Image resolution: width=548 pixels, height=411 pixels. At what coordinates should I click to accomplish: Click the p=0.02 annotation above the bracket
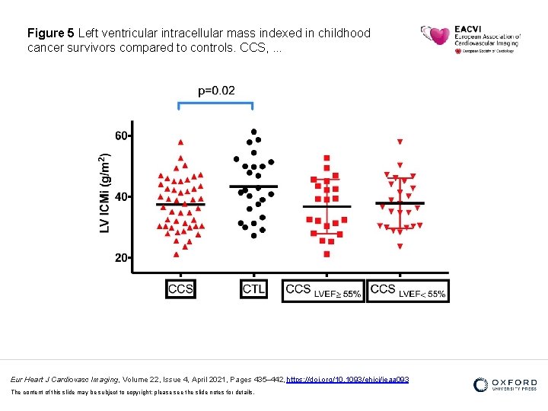pos(216,91)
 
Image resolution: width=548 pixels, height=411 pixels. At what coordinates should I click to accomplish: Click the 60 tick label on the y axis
pos(121,135)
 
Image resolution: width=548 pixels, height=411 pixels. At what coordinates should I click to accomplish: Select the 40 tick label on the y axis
pos(121,196)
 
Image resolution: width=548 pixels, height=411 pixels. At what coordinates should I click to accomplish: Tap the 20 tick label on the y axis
pos(121,258)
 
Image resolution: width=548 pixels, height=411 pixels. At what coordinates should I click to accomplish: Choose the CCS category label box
pos(180,289)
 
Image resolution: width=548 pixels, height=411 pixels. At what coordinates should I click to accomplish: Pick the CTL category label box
pos(254,289)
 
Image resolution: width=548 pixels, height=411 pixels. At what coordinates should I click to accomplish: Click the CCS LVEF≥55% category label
pos(323,290)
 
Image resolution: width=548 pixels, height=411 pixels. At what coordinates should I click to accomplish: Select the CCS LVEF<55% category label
pos(408,290)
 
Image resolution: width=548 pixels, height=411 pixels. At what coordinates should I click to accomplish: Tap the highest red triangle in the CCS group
pos(180,142)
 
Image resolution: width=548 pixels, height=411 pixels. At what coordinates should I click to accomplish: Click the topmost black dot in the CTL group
pos(254,132)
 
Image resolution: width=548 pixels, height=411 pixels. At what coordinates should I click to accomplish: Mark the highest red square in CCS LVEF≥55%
pos(327,158)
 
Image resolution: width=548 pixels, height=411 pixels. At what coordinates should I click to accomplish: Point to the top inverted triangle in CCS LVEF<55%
pos(400,142)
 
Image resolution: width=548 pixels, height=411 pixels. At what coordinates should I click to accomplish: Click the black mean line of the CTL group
pos(253,186)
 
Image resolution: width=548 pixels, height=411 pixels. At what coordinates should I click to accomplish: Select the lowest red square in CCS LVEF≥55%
pos(327,254)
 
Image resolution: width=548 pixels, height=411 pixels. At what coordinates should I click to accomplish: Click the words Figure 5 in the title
pos(50,33)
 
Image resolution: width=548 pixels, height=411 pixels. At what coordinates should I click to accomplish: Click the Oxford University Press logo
pos(505,385)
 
